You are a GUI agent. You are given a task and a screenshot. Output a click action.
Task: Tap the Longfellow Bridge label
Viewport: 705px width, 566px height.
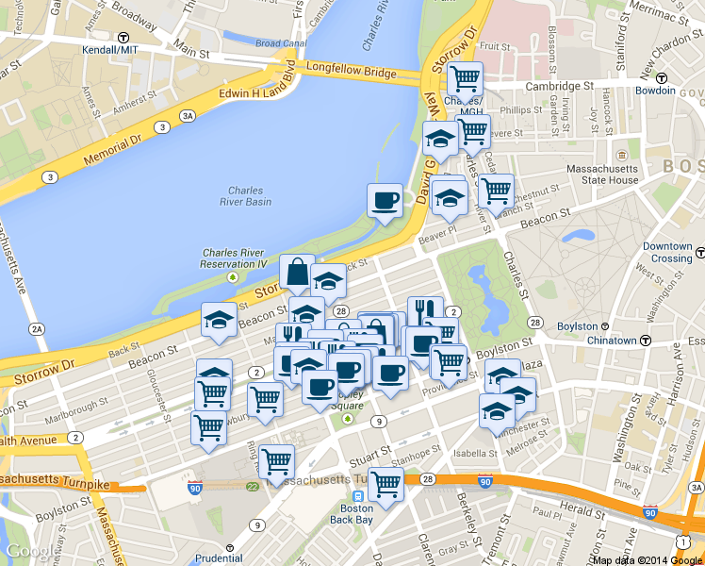click(x=351, y=72)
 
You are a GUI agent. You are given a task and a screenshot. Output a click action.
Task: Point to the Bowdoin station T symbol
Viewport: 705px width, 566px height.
click(x=663, y=77)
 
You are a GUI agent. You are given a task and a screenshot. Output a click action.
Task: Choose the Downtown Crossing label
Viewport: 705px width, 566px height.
click(x=668, y=252)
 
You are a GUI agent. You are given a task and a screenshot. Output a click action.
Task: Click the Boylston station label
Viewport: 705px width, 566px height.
click(x=578, y=326)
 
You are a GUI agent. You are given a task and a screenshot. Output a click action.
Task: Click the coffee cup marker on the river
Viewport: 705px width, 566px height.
click(x=385, y=201)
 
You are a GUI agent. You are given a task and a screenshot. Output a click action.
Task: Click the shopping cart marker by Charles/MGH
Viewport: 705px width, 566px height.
click(x=465, y=78)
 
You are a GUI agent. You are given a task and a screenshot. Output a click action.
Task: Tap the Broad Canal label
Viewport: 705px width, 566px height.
click(x=280, y=42)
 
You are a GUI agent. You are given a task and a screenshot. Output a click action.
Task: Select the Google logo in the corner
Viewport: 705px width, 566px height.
click(x=28, y=552)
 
